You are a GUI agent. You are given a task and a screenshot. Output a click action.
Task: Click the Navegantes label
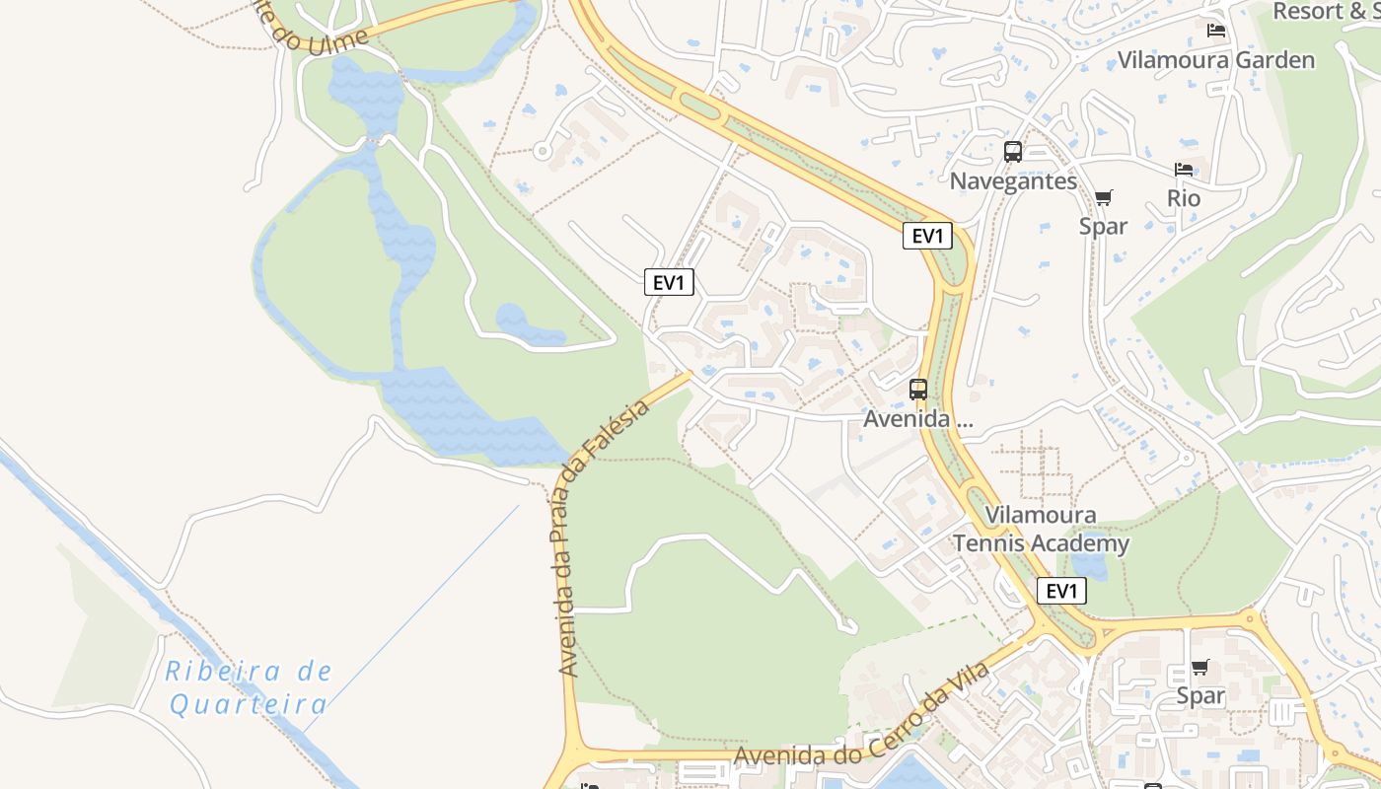[1013, 181]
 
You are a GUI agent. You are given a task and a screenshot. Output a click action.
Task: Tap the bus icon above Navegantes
[1013, 152]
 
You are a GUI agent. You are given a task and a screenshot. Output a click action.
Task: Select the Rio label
[1184, 198]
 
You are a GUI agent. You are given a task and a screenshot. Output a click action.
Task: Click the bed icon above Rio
[1184, 170]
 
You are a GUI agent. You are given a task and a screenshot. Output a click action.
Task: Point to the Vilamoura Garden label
[1216, 60]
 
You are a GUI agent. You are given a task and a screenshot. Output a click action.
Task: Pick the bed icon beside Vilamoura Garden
[1216, 31]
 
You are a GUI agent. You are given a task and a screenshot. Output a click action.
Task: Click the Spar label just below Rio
[1103, 226]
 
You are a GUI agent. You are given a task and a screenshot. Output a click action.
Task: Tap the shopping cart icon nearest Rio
[1103, 198]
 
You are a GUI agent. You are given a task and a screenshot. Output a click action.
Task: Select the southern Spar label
[1200, 696]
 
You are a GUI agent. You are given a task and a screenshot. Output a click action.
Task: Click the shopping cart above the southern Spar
[1200, 669]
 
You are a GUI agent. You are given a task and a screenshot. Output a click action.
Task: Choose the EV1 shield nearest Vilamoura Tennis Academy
[1061, 592]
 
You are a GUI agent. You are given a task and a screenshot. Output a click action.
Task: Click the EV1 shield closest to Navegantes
[927, 237]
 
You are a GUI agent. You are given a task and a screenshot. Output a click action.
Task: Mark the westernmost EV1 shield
[669, 283]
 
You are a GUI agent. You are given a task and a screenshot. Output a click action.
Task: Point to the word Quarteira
[248, 704]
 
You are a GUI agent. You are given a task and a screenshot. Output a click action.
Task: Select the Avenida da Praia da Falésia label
[602, 538]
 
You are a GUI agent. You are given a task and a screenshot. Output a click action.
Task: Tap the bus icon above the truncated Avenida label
[918, 390]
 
